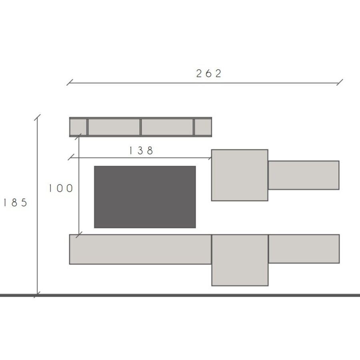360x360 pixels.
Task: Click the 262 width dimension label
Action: (x=208, y=74)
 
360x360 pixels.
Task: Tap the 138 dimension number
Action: (x=141, y=151)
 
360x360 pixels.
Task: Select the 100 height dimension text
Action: (x=61, y=188)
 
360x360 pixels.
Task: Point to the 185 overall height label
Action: (x=14, y=203)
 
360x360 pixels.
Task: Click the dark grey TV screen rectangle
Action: (x=145, y=197)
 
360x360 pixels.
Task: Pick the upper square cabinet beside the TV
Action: (x=240, y=175)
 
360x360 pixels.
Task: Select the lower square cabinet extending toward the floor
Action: (x=240, y=260)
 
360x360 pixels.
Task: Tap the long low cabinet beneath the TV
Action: (x=140, y=249)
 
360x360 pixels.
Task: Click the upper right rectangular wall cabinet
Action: (x=304, y=175)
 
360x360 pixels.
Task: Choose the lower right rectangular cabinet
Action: (x=304, y=249)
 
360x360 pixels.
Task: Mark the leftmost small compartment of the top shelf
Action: (x=78, y=127)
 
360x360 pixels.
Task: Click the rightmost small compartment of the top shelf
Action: (x=203, y=127)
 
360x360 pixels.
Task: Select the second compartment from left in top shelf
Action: (x=114, y=127)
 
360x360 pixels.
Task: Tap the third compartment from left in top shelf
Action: (x=167, y=127)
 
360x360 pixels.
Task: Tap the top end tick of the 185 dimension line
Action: (x=37, y=118)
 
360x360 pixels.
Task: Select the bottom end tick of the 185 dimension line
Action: (x=37, y=295)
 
